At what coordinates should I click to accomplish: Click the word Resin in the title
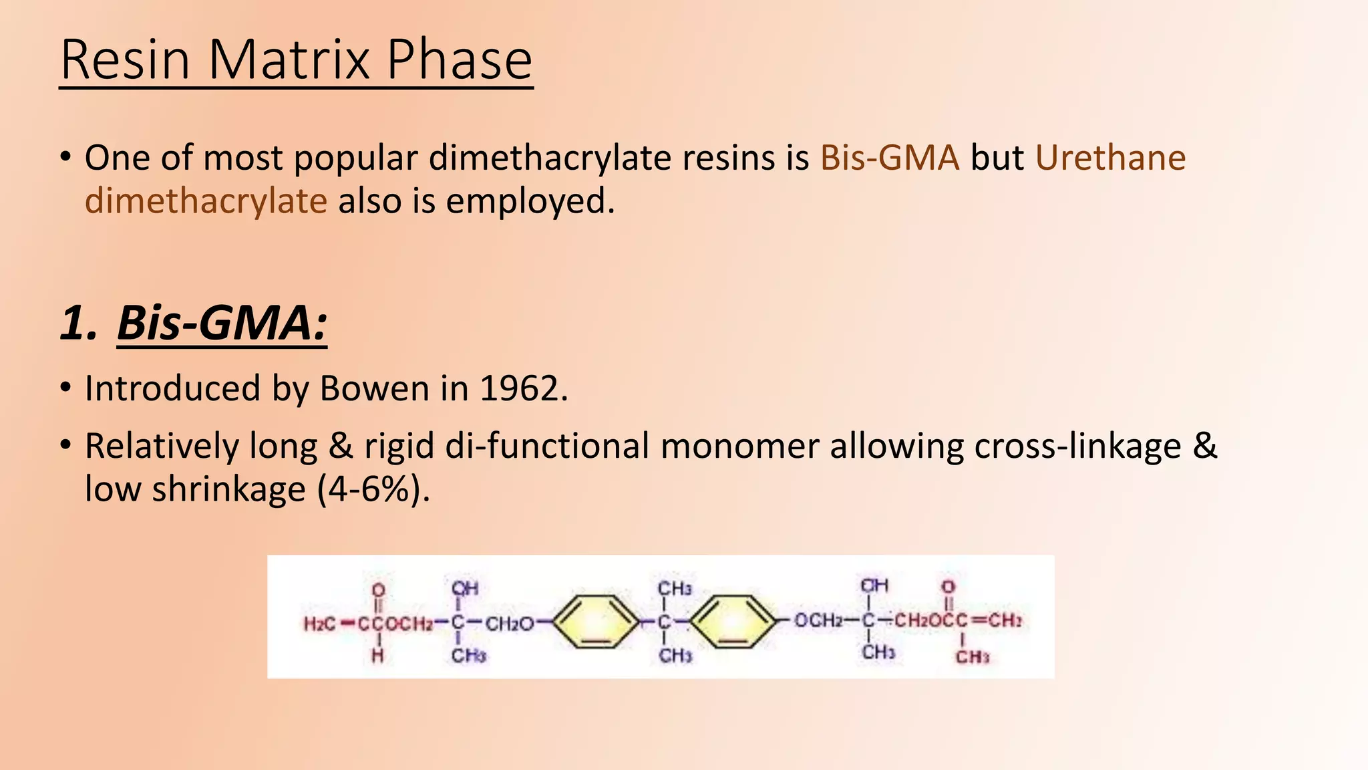point(126,60)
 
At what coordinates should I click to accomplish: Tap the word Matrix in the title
point(289,60)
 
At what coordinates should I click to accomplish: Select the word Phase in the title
point(459,60)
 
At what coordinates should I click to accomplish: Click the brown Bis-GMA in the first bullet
point(889,158)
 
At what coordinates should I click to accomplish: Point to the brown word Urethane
point(1110,158)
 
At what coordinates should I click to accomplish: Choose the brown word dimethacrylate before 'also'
point(206,201)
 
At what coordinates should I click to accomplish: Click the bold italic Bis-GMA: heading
point(222,323)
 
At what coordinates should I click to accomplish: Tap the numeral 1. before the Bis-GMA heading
point(79,323)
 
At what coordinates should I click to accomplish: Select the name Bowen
point(374,388)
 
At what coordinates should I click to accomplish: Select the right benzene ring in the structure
point(733,622)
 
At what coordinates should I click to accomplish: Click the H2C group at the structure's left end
point(320,624)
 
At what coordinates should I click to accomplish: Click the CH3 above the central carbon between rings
point(675,589)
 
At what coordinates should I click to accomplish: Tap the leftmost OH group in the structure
point(465,588)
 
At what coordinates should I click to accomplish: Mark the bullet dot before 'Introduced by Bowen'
point(65,388)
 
